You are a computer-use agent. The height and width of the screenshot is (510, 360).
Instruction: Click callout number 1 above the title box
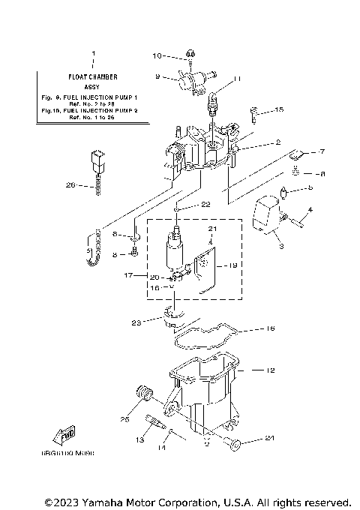point(94,54)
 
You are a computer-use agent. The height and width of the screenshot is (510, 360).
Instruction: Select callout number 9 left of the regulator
point(158,76)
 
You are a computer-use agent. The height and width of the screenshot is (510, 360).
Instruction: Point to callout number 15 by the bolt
point(279,110)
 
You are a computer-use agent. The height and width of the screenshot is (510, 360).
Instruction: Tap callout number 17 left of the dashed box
point(128,276)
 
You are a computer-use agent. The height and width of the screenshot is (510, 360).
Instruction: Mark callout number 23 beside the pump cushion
point(136,323)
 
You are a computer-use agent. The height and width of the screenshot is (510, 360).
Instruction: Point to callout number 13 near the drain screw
point(139,442)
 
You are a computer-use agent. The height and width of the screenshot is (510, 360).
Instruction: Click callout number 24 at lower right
point(270,439)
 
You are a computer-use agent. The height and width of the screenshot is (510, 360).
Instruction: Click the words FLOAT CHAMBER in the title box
point(94,76)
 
